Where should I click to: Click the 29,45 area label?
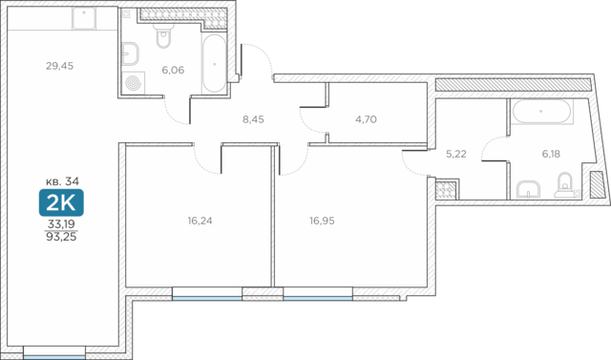(59, 66)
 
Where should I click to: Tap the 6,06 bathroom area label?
(173, 70)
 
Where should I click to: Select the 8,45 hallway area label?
(253, 119)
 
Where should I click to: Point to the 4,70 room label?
(366, 119)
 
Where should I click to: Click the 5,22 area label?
(456, 154)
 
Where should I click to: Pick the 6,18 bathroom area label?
(551, 154)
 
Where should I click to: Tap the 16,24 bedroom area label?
(200, 221)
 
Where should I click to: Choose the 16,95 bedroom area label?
(323, 221)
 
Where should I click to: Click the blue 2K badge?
(61, 202)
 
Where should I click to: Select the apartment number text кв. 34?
(62, 181)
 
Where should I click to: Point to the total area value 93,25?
(61, 237)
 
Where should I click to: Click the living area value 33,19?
(61, 224)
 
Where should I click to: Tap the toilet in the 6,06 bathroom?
(163, 36)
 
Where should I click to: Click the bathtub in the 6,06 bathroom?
(214, 64)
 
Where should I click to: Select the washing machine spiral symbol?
(134, 83)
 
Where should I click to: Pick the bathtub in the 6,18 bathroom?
(541, 112)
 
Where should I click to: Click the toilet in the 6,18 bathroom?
(564, 184)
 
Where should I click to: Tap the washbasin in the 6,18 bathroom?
(528, 189)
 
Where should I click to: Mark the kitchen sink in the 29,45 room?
(84, 18)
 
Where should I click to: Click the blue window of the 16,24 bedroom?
(207, 298)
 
